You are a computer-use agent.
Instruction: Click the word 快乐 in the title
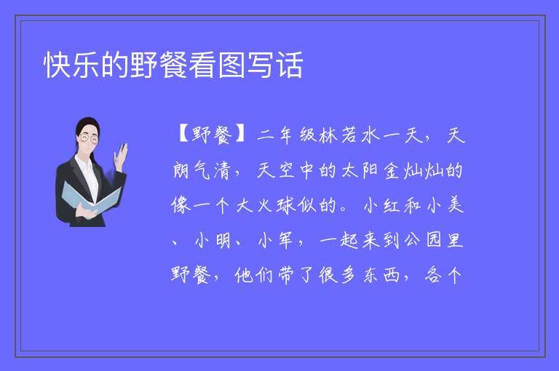coord(71,65)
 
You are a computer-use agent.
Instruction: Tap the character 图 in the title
coord(231,65)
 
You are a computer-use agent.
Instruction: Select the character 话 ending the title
coord(290,65)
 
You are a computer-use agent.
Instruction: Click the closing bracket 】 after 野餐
coord(239,135)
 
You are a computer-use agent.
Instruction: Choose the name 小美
coord(445,205)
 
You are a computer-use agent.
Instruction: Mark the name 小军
coord(275,241)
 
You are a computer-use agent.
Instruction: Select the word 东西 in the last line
coord(381,275)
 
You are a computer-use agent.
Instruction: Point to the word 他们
coord(253,275)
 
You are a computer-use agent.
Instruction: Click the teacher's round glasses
coord(89,137)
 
